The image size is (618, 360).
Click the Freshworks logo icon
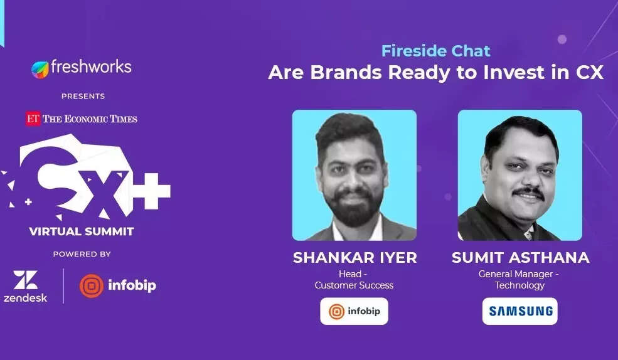(40, 70)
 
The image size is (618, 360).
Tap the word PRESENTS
(83, 96)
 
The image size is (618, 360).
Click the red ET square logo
(33, 119)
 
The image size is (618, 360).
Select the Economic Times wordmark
(90, 119)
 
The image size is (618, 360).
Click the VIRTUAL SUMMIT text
(82, 231)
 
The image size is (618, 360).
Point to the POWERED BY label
(82, 254)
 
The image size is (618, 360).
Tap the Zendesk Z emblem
(26, 280)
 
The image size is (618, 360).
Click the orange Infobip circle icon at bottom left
(92, 285)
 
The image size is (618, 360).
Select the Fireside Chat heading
(435, 51)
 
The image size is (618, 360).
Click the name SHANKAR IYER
(354, 258)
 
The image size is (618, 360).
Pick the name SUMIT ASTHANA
(520, 258)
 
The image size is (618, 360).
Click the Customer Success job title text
(354, 285)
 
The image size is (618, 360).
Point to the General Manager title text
(516, 273)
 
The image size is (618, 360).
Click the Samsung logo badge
(520, 311)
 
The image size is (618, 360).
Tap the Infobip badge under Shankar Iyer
(354, 311)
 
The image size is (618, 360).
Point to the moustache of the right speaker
(528, 192)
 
